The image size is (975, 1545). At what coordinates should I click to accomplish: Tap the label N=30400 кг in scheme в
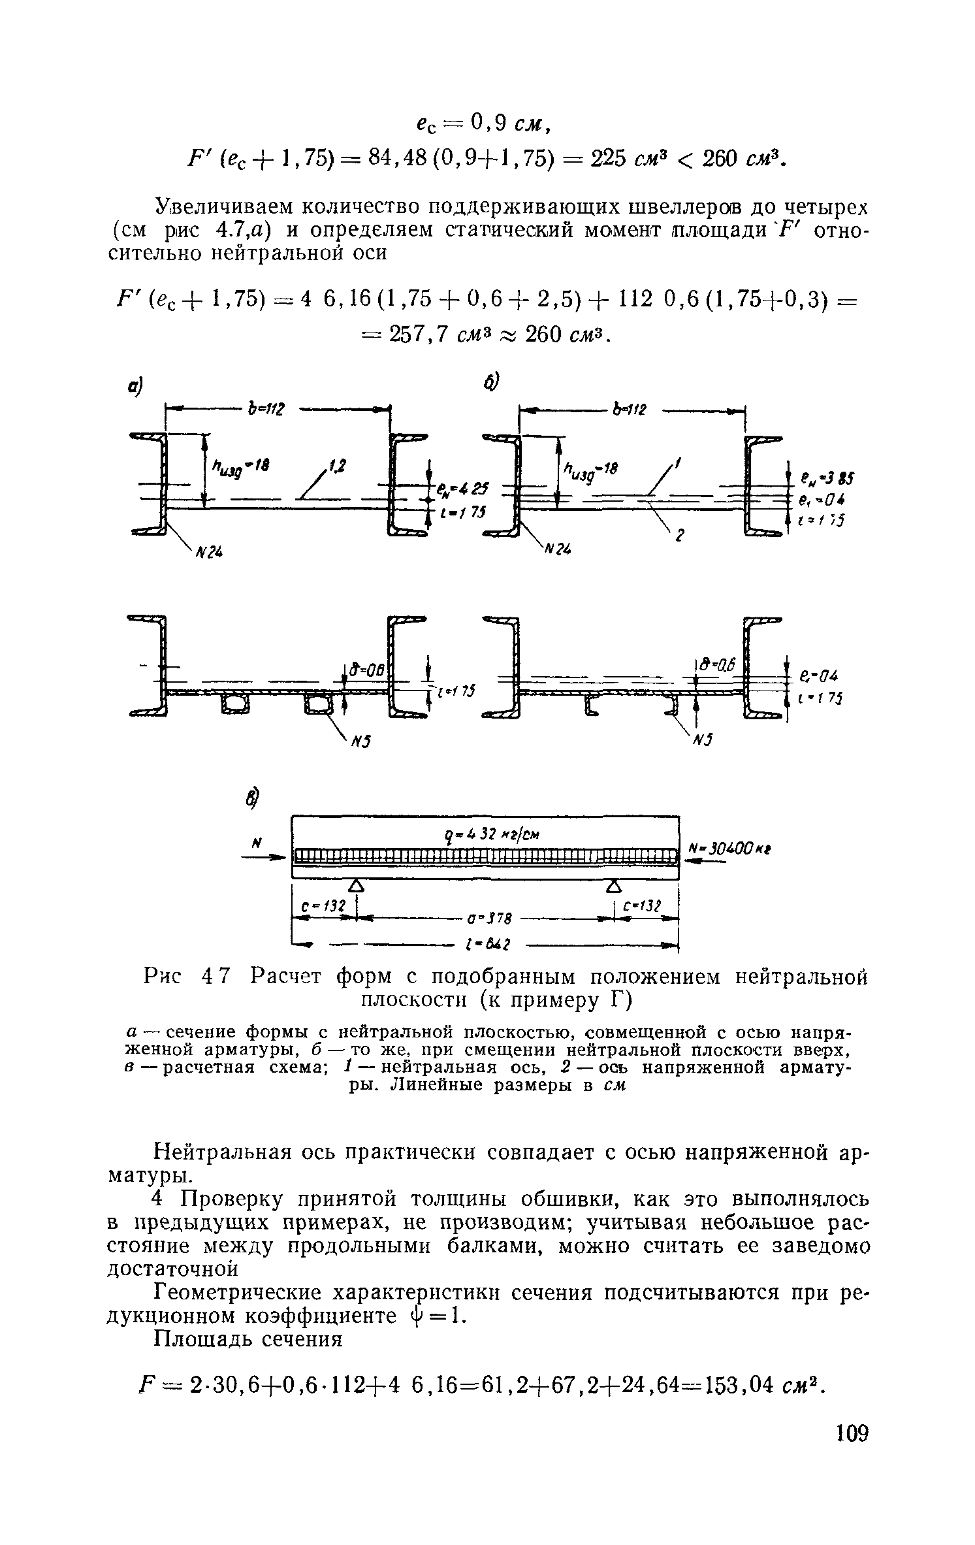point(727,849)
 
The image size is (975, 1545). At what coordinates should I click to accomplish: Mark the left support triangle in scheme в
point(355,886)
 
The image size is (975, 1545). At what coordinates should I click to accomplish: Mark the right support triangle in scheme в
point(613,886)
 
